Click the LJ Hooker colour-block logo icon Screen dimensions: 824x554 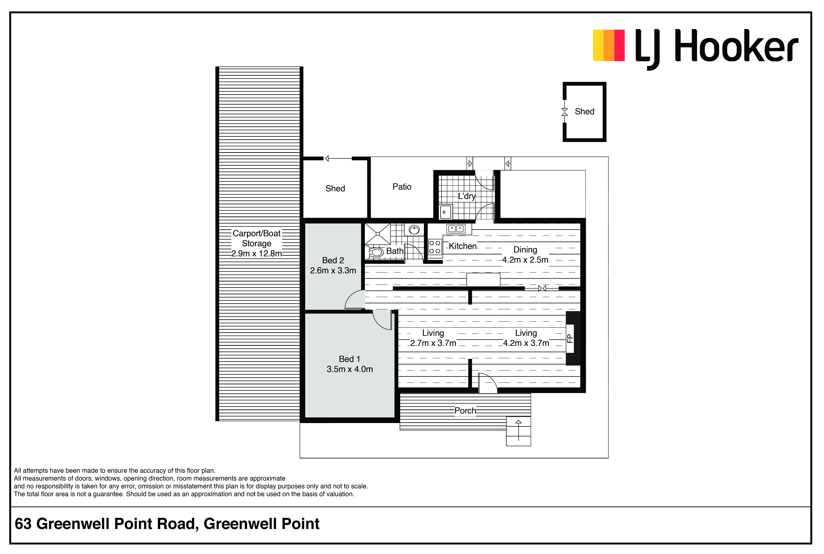coord(609,45)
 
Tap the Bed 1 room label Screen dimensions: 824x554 coord(349,359)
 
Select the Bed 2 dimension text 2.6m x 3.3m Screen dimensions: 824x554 coord(333,270)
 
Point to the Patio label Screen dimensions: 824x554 coord(402,186)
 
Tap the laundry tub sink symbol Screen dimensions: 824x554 coord(446,212)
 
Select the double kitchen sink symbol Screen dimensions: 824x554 coord(456,229)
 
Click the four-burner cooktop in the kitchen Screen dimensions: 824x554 coord(435,247)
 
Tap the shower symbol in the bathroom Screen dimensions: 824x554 coord(378,234)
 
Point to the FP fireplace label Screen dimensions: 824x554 coord(570,339)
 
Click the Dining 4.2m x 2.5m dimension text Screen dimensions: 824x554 coord(525,260)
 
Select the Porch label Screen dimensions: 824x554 coord(465,411)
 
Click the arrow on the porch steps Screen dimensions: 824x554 coord(519,430)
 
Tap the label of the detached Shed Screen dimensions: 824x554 coord(584,111)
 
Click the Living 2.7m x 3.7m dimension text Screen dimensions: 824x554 coord(433,343)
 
